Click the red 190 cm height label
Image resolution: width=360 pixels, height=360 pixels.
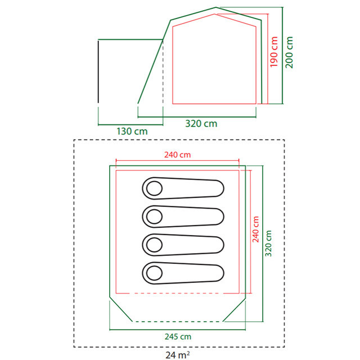pos(274,52)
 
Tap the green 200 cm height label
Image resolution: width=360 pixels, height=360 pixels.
pos(289,52)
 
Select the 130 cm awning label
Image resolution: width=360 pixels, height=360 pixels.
pos(132,131)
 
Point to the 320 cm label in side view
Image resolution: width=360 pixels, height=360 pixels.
pos(201,124)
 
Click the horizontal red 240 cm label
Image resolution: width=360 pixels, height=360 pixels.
pos(178,155)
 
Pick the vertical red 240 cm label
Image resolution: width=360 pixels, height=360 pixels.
pos(255,229)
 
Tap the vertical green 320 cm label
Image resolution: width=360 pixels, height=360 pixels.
pos(268,244)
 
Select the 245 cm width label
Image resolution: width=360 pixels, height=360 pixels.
pos(178,336)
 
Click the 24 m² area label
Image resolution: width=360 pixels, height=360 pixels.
pos(178,355)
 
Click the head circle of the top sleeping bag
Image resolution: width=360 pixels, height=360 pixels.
pos(154,188)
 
